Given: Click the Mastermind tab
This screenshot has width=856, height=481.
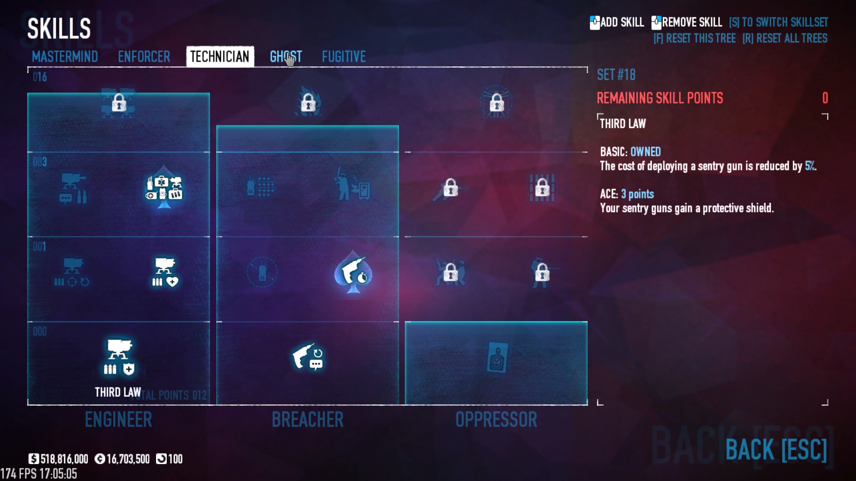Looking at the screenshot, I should [65, 57].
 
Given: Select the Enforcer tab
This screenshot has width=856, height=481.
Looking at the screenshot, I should [144, 57].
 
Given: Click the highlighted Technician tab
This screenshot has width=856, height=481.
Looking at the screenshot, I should [220, 57].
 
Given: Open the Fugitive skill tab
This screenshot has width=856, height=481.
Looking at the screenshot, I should [344, 57].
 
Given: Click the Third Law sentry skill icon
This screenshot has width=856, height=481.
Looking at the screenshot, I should [119, 357].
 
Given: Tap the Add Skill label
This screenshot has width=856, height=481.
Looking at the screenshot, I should [621, 22].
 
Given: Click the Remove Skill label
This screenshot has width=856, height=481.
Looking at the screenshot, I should [691, 22].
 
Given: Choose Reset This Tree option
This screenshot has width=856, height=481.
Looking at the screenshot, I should [695, 38].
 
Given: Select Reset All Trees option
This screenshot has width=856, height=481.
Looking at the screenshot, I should [785, 38].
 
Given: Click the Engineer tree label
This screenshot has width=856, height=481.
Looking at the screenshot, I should [119, 420].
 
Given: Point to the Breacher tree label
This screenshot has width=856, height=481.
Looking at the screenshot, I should [308, 420].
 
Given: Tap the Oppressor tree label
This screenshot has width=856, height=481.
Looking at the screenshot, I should [496, 420].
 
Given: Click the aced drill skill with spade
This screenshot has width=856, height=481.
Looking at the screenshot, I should [354, 271].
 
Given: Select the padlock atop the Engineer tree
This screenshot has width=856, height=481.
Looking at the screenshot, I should [119, 103].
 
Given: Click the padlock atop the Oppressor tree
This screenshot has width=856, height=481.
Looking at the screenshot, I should [496, 104].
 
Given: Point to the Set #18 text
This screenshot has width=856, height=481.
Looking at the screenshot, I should [616, 75].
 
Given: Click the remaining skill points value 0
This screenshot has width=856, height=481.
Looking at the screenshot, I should [825, 98].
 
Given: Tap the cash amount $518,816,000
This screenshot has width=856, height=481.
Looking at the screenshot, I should [59, 459].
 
